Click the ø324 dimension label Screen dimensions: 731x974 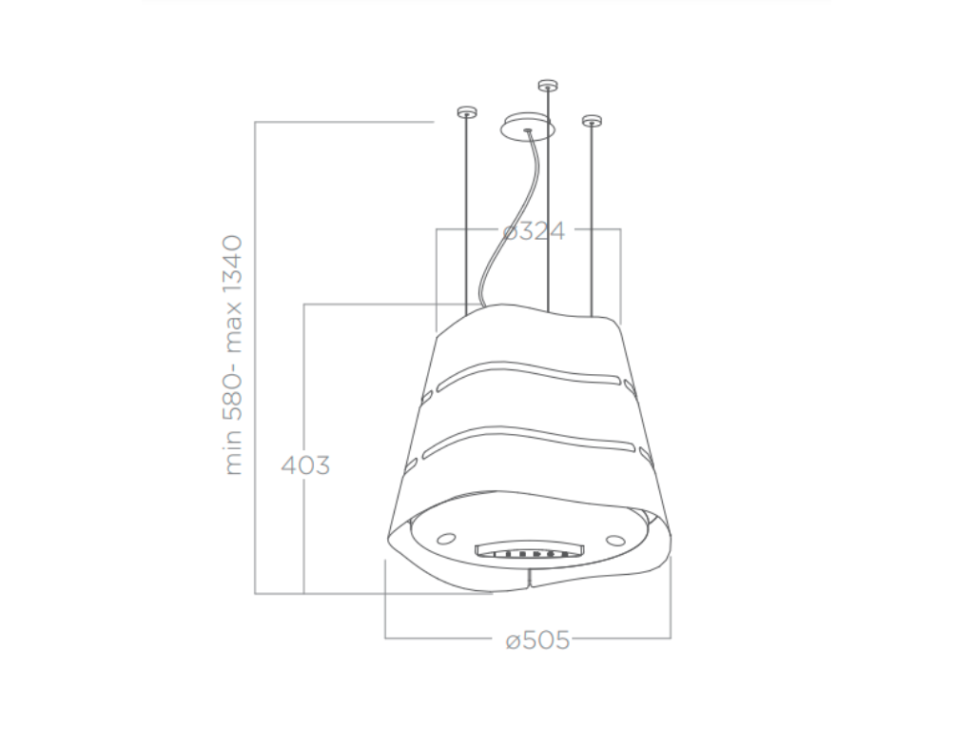pyautogui.click(x=534, y=230)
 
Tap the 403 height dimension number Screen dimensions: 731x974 pyautogui.click(x=305, y=465)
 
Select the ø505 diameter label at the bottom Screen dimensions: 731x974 pyautogui.click(x=537, y=641)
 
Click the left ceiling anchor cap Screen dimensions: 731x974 pyautogui.click(x=465, y=112)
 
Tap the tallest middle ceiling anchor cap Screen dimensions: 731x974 pyautogui.click(x=546, y=85)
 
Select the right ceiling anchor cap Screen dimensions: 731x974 pyautogui.click(x=592, y=121)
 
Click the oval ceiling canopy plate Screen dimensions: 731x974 pyautogui.click(x=526, y=127)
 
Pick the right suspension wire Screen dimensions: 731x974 pyautogui.click(x=592, y=219)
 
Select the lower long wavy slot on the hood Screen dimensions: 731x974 pyautogui.click(x=528, y=439)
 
